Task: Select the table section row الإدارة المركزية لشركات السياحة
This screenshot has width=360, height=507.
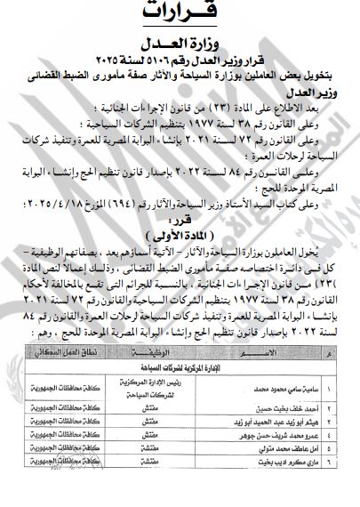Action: pos(183,390)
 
